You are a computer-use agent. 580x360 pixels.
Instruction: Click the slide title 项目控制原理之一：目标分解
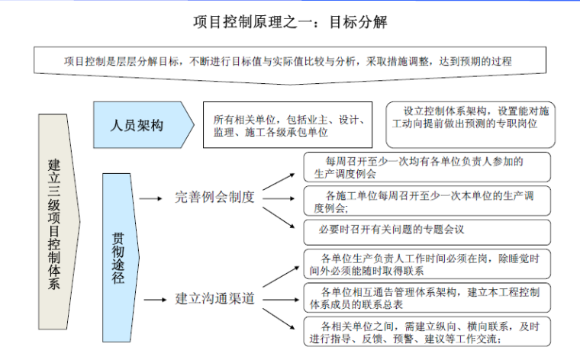pos(291,22)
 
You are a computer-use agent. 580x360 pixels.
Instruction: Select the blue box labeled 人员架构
pos(137,125)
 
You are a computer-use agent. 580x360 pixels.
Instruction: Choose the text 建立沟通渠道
pos(216,297)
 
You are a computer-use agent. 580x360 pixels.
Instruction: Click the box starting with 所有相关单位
pos(288,126)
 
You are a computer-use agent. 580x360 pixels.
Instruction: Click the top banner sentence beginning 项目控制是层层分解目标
pos(288,61)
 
